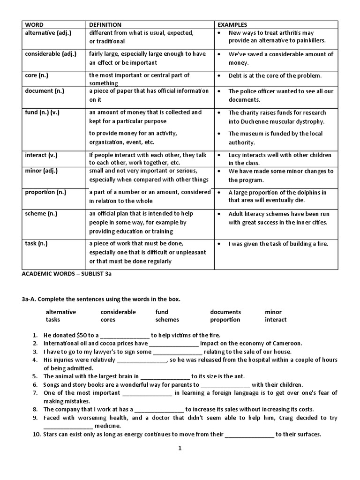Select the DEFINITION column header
(105, 24)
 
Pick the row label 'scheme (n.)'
(41, 213)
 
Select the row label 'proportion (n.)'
(46, 192)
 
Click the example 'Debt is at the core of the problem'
(275, 75)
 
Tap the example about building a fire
(278, 244)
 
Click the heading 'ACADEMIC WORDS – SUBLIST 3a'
(66, 275)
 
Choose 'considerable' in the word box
(118, 312)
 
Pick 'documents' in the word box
(225, 312)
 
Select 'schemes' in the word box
(167, 320)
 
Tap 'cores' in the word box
(108, 320)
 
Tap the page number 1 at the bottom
(180, 449)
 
